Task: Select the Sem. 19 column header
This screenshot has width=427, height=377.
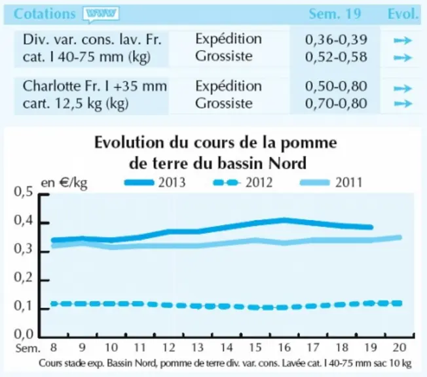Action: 335,14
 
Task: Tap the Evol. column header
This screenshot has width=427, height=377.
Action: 403,14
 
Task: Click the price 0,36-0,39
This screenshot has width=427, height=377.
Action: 336,40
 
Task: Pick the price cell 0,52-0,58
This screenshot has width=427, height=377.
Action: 336,57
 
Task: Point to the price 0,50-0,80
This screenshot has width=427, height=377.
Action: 336,86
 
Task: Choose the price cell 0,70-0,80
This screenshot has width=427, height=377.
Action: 336,103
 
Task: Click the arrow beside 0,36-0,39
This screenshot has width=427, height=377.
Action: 403,41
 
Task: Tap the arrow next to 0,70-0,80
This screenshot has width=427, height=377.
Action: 403,103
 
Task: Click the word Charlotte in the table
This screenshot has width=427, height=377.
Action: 52,86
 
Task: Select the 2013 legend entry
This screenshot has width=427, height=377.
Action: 155,183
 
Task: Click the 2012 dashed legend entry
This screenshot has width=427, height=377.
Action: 242,183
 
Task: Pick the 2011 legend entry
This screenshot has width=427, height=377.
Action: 331,183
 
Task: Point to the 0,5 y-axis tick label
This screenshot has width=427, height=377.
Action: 24,192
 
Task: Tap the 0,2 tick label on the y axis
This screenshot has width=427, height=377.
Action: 24,278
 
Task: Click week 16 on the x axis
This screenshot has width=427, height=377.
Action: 284,348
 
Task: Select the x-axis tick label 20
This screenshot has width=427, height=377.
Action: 399,348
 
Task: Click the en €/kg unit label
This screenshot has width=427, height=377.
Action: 64,183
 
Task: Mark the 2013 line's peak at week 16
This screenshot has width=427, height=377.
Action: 284,220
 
